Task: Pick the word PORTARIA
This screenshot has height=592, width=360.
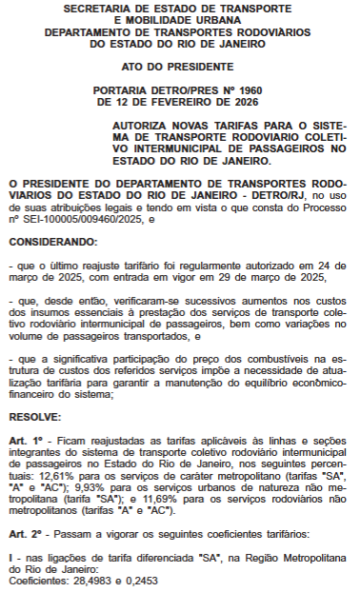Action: tap(125, 89)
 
